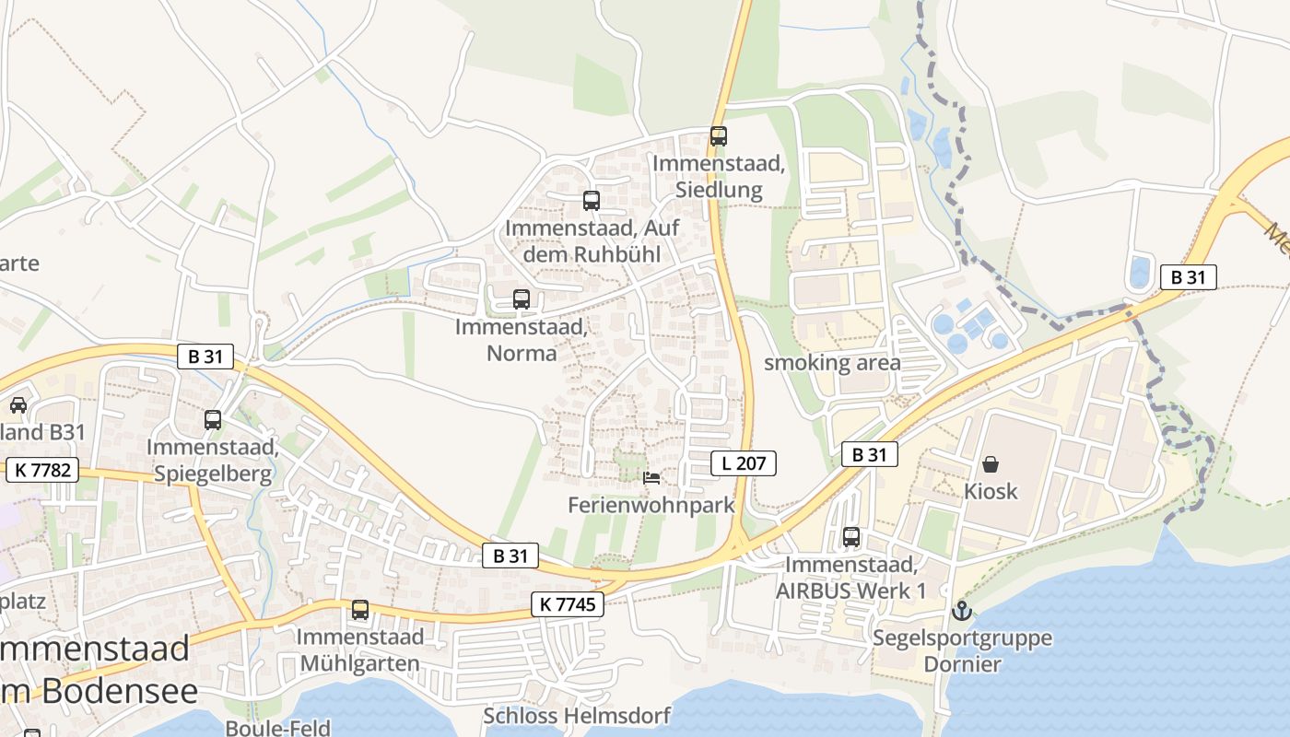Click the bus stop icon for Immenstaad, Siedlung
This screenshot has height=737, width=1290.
pyautogui.click(x=719, y=136)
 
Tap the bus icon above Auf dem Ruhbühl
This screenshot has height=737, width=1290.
pyautogui.click(x=592, y=200)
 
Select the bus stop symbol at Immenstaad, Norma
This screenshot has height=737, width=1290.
pyautogui.click(x=522, y=298)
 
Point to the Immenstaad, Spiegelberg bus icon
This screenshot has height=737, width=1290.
pyautogui.click(x=213, y=420)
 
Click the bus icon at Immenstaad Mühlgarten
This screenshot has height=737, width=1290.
pyautogui.click(x=360, y=610)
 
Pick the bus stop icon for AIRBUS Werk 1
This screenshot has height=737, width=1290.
pyautogui.click(x=851, y=536)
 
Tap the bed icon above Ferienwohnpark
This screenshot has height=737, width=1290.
pyautogui.click(x=651, y=477)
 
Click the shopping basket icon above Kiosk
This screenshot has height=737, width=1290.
pyautogui.click(x=991, y=463)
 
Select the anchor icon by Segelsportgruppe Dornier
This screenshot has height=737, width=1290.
pyautogui.click(x=962, y=610)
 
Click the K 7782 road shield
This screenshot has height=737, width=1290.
pyautogui.click(x=42, y=471)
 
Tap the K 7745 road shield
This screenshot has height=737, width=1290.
pyautogui.click(x=568, y=604)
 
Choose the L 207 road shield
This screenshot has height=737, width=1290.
pyautogui.click(x=744, y=463)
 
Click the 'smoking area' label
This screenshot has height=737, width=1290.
pyautogui.click(x=832, y=363)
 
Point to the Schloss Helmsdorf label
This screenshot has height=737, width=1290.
pyautogui.click(x=578, y=715)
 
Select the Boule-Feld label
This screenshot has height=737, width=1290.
pyautogui.click(x=277, y=728)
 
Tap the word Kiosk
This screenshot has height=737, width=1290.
pyautogui.click(x=991, y=491)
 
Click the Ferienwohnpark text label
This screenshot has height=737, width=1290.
pyautogui.click(x=651, y=505)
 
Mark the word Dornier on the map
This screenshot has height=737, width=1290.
pyautogui.click(x=962, y=663)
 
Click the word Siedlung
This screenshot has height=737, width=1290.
pyautogui.click(x=719, y=191)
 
